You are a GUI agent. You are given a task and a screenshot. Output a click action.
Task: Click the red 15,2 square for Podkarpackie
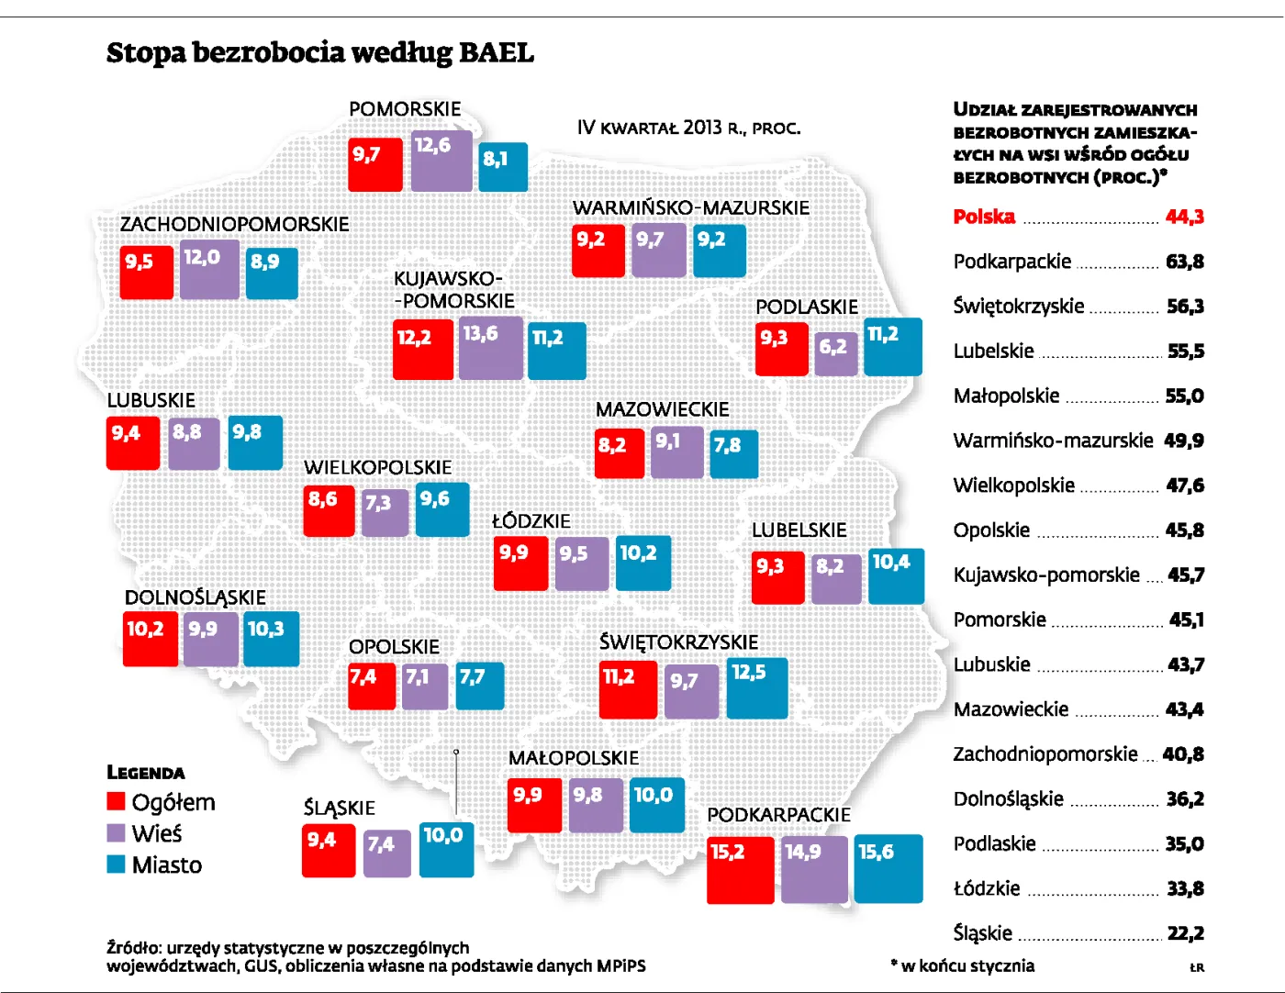tap(740, 869)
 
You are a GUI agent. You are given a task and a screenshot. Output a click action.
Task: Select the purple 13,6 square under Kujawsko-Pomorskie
tap(490, 348)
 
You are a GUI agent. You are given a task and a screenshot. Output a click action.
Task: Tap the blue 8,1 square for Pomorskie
tap(503, 167)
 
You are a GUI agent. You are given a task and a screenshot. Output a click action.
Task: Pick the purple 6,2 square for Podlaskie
tap(836, 353)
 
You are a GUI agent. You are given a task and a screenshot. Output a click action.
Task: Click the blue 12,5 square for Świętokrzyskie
tap(756, 687)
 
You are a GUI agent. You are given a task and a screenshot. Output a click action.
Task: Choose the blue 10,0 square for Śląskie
tap(446, 849)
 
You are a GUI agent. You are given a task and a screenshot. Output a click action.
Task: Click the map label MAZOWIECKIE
tap(662, 409)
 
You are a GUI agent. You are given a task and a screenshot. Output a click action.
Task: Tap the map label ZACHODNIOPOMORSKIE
tap(234, 224)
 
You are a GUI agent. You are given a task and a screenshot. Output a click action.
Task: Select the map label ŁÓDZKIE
tap(531, 521)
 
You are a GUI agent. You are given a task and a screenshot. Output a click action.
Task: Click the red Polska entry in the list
tap(984, 217)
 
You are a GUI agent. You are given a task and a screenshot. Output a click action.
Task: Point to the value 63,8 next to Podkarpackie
tap(1184, 262)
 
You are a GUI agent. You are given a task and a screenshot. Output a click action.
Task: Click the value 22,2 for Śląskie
tap(1185, 933)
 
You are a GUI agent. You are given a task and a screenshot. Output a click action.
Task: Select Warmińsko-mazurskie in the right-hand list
tap(1052, 441)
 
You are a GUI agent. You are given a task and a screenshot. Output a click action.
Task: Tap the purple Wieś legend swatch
tap(116, 833)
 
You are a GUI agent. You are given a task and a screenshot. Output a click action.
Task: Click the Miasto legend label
tap(166, 865)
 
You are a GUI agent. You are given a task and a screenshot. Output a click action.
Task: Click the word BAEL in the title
tap(496, 52)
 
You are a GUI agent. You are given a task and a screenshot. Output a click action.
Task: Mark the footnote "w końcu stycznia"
tap(967, 965)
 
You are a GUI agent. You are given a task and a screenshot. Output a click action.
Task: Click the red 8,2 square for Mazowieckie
tap(619, 453)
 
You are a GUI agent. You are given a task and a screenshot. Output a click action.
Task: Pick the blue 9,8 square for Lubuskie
tap(254, 442)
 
